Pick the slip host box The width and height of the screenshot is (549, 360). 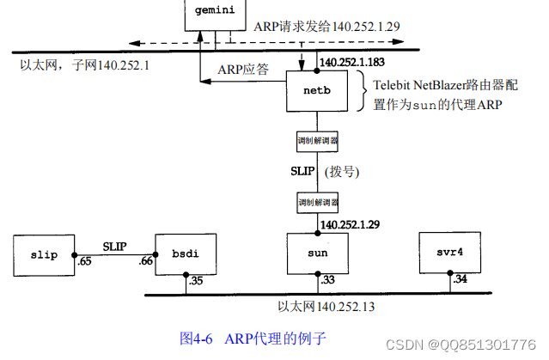(x=43, y=253)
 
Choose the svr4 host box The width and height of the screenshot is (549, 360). (x=444, y=253)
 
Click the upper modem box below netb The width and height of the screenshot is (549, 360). (x=317, y=139)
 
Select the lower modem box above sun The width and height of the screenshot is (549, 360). (x=317, y=202)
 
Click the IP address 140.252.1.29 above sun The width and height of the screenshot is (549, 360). (x=351, y=224)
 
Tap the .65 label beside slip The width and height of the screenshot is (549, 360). (x=84, y=260)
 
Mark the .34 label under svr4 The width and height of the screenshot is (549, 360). (x=459, y=280)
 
